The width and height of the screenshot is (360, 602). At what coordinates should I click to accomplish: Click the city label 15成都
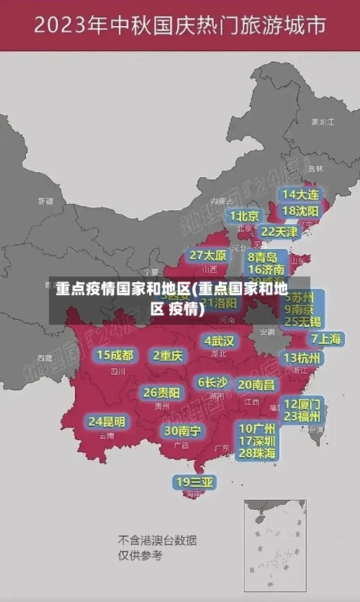tap(115, 355)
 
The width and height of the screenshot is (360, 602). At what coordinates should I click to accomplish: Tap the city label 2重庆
tap(168, 355)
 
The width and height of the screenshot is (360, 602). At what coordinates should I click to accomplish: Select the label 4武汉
tap(219, 340)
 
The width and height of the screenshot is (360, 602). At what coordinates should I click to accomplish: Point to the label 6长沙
tap(212, 382)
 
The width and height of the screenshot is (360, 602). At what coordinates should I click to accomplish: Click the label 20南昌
tap(256, 385)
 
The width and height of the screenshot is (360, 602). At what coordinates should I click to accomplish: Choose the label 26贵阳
tap(161, 393)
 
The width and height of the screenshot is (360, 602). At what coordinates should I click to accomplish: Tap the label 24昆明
tap(107, 421)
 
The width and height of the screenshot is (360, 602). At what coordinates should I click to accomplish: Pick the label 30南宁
tap(183, 431)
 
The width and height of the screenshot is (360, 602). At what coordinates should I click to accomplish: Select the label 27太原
tap(207, 256)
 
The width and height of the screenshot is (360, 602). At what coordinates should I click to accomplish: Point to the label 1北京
tap(244, 215)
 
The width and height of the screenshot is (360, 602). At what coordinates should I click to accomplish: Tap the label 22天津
tap(279, 232)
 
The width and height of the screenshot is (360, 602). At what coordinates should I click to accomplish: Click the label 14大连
tap(300, 194)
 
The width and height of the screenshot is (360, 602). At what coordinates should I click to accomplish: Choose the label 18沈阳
tap(300, 211)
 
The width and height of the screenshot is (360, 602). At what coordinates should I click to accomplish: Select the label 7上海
tap(325, 338)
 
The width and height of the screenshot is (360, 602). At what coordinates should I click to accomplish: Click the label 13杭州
tap(302, 358)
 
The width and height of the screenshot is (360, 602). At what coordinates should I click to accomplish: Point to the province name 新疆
tap(45, 201)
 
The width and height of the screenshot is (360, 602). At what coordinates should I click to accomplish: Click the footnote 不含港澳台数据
tap(158, 540)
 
